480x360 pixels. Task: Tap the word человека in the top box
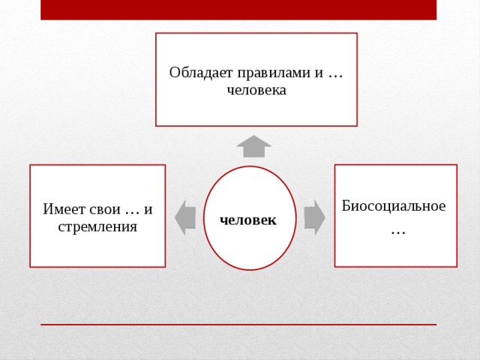[256, 90]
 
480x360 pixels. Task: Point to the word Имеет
[63, 209]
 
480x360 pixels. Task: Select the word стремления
[97, 226]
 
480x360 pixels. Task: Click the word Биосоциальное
[394, 205]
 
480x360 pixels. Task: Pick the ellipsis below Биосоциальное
[398, 233]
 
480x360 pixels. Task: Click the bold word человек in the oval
[248, 220]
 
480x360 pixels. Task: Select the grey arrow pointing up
[253, 146]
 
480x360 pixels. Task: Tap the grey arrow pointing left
[185, 217]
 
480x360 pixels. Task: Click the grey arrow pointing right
[315, 217]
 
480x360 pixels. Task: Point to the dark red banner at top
[238, 10]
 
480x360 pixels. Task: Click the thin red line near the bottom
[238, 325]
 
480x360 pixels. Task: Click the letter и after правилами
[319, 74]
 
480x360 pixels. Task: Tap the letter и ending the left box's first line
[148, 210]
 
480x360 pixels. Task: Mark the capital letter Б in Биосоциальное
[346, 205]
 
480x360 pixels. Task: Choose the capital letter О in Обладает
[175, 73]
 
